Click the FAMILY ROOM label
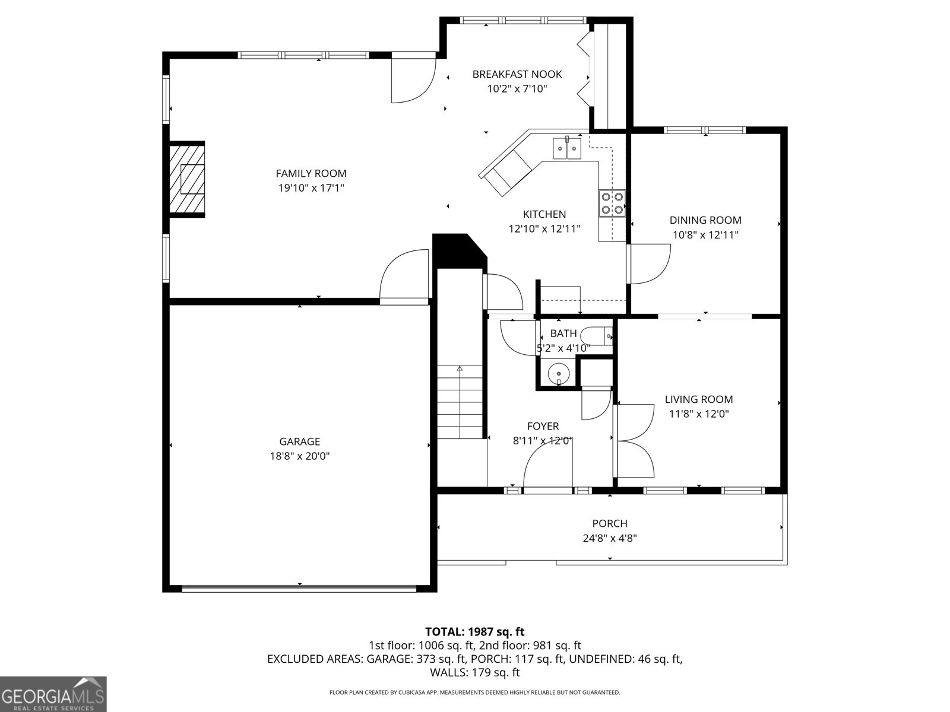coord(311,173)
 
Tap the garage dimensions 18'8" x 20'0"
coord(300,456)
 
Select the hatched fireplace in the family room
coord(187,180)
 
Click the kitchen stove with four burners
coord(612,202)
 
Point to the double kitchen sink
coord(567,148)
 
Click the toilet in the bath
coord(598,336)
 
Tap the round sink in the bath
coord(559,374)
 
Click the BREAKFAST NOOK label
coord(517,74)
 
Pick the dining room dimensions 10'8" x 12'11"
coord(705,234)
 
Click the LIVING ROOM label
coord(699,399)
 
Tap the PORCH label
coord(610,523)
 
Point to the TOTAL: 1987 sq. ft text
coord(474,632)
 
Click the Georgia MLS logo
coord(53,694)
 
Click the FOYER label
coord(543,426)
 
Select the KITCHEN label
coord(544,214)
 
